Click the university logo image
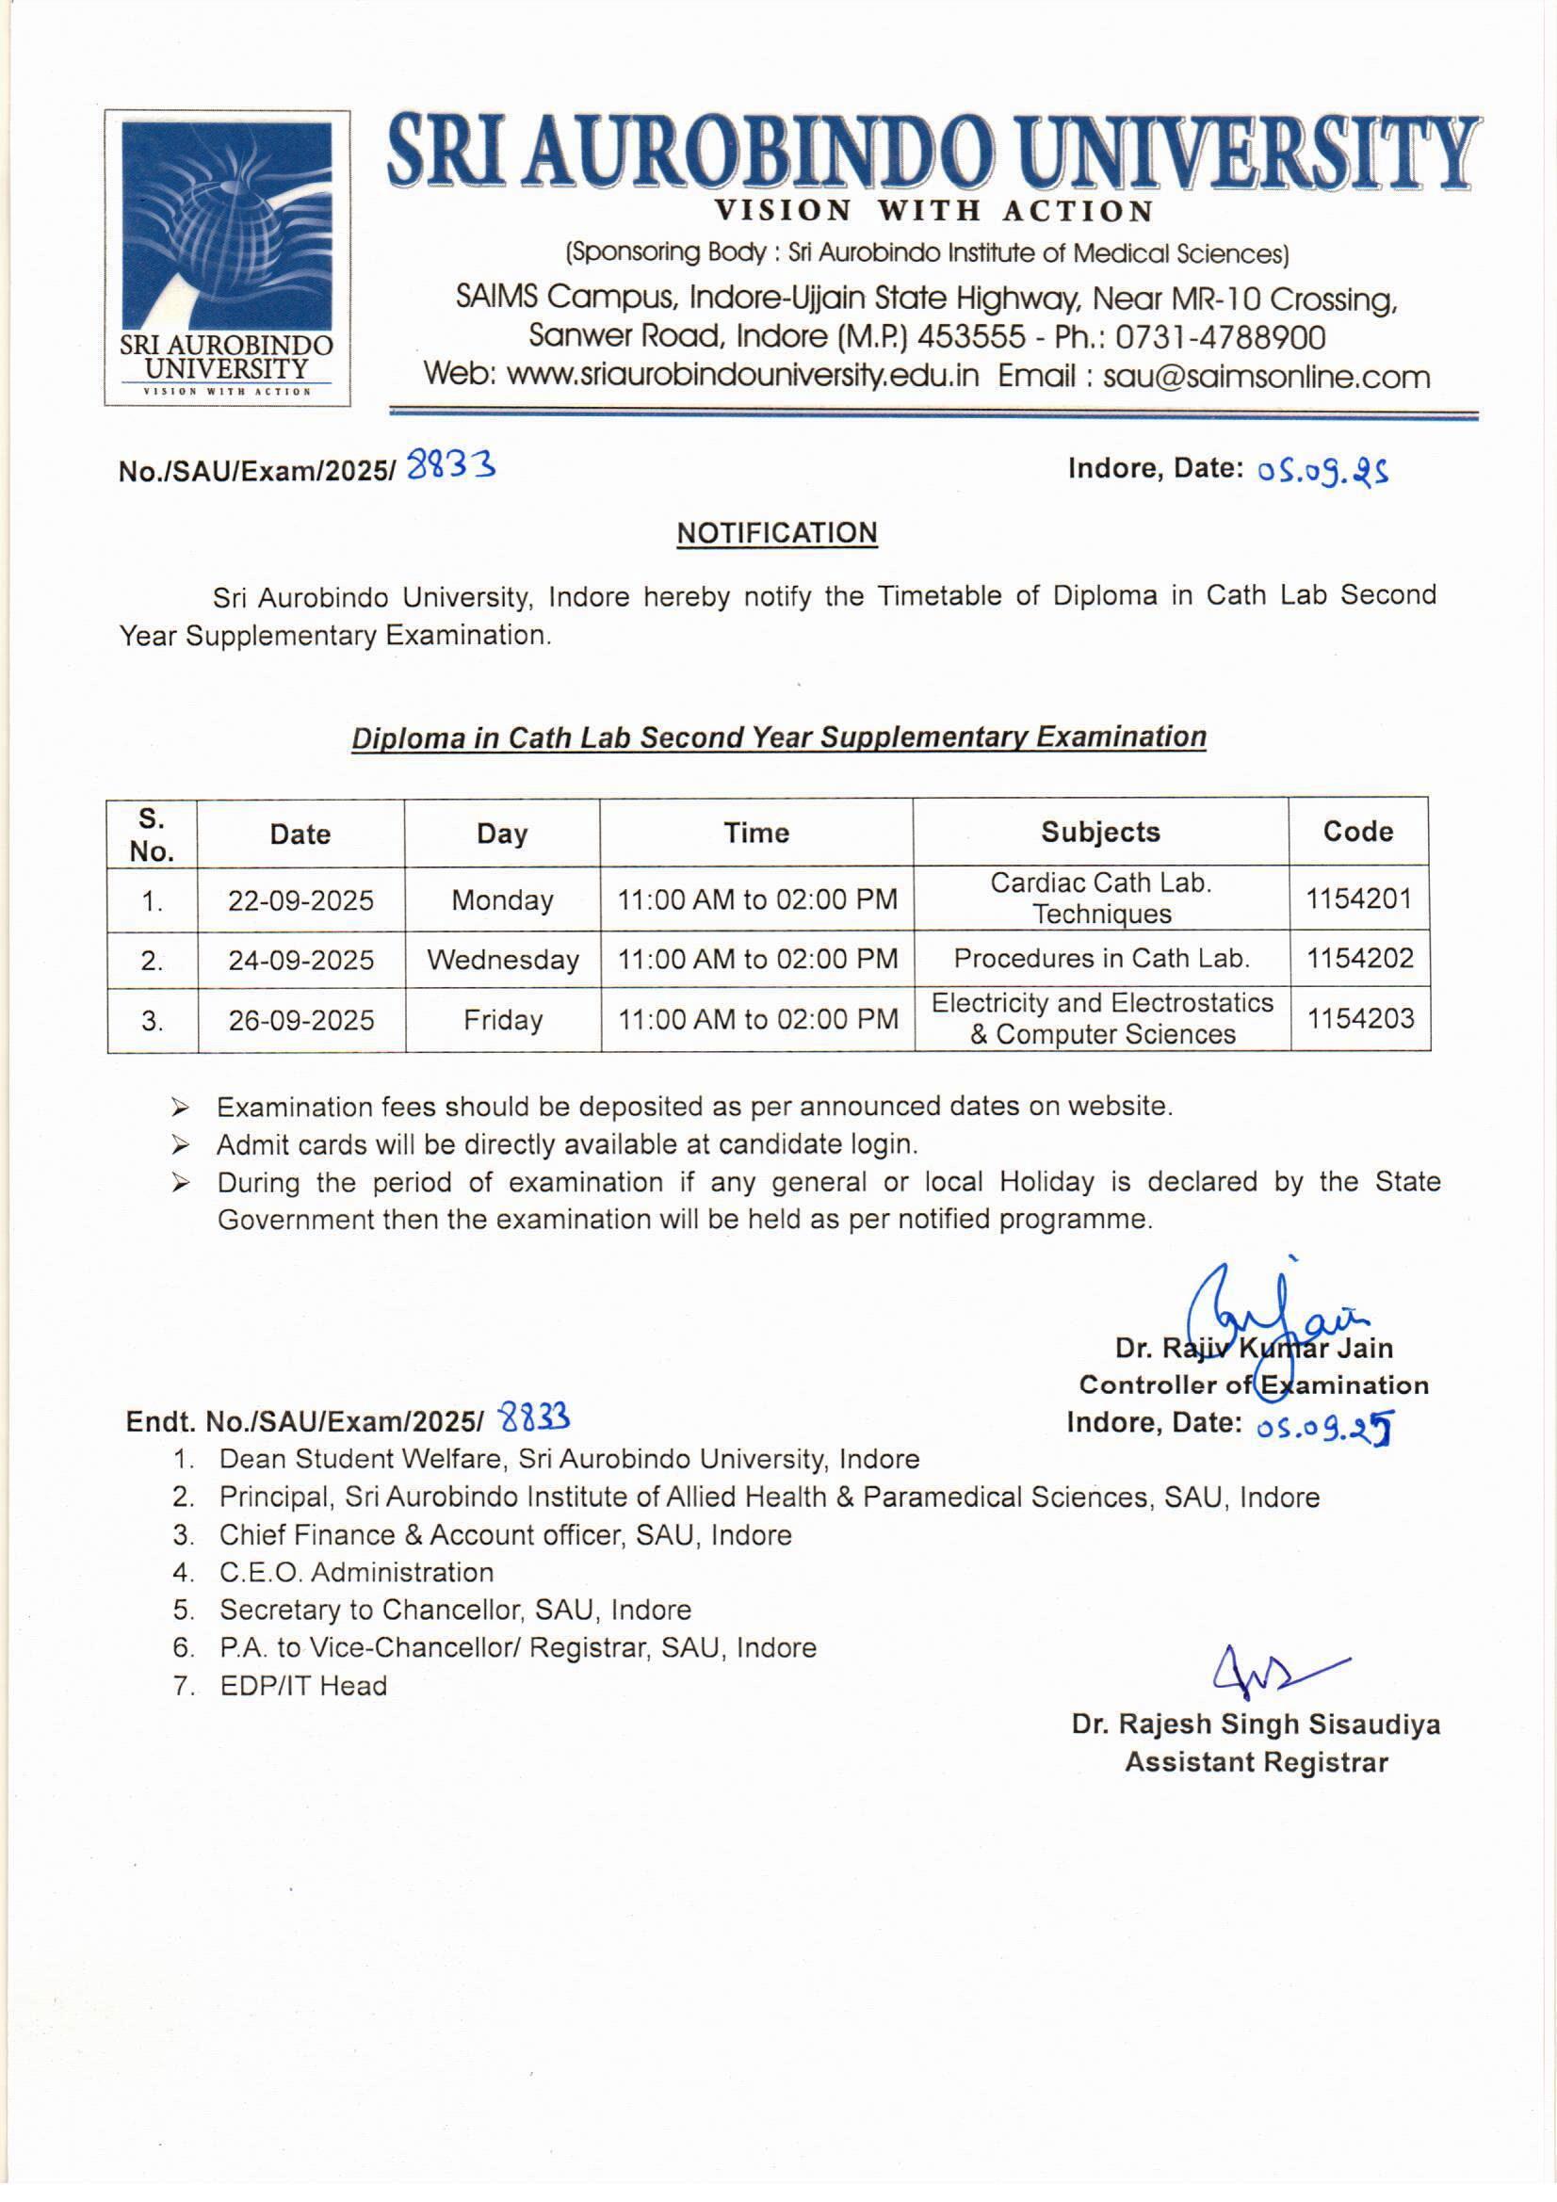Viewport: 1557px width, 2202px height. coord(227,257)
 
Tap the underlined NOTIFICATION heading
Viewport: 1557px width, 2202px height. coord(777,533)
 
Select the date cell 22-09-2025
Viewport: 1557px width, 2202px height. coord(300,900)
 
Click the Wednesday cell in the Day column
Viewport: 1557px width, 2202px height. coord(503,960)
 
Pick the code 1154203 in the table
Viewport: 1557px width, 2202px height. coord(1360,1018)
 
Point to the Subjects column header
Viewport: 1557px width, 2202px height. coord(1100,833)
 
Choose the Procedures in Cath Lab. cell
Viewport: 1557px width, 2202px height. coord(1101,958)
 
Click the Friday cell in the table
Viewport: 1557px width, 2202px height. coord(503,1019)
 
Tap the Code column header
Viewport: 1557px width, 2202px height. coord(1357,832)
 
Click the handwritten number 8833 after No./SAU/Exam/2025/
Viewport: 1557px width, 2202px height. coord(451,466)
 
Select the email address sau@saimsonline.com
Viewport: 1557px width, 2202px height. coord(1266,376)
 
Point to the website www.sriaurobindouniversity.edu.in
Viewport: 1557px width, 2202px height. coord(742,375)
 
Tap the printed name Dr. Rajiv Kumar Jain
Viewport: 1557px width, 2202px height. coord(1253,1349)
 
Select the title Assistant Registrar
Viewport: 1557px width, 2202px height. coord(1256,1763)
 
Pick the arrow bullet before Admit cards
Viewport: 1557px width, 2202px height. coord(180,1145)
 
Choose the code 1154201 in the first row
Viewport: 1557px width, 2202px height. coord(1358,899)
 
